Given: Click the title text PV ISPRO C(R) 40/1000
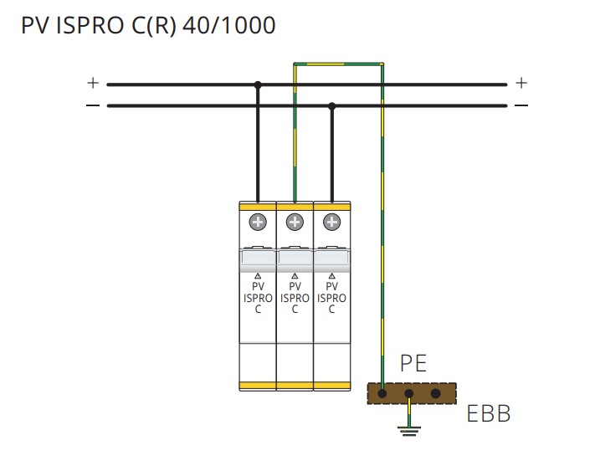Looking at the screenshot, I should (147, 26).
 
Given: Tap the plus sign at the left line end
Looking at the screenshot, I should (92, 83).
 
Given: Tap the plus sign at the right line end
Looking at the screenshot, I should (521, 83).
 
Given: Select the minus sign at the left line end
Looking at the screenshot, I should (92, 105).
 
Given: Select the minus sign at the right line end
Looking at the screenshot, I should (521, 105).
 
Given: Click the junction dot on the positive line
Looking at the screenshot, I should (258, 84).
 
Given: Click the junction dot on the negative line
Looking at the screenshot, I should (332, 106).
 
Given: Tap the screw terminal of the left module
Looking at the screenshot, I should (258, 222).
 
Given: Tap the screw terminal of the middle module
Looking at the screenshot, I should (295, 222).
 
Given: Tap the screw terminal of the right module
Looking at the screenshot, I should (332, 222).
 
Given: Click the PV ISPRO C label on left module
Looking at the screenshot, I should (258, 297).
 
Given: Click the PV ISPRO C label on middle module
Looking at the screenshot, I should (295, 297).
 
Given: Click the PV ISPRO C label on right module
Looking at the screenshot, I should (332, 297).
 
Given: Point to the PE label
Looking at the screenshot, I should (413, 364).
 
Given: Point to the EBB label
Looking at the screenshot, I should (489, 414).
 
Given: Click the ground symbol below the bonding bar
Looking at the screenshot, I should (409, 430).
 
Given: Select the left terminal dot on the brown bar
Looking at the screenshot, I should (382, 393).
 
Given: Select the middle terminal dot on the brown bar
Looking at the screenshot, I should (409, 393).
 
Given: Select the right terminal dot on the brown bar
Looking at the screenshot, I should (435, 393).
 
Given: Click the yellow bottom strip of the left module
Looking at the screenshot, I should (258, 385).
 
